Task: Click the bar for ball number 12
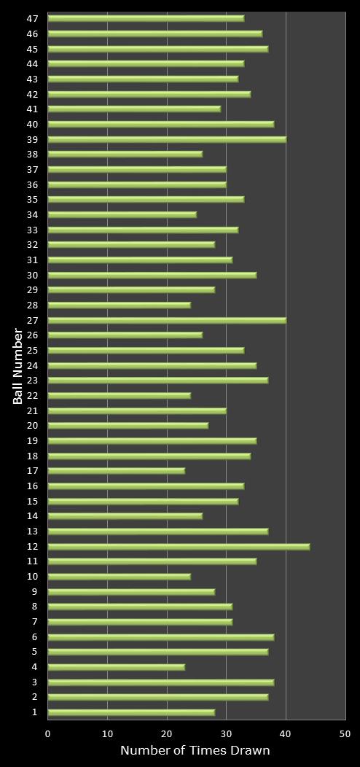coord(179,546)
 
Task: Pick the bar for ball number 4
coord(117,667)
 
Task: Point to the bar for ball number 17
coord(117,471)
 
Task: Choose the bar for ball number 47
coord(146,18)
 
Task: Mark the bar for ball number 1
coord(131,712)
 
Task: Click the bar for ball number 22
coord(120,396)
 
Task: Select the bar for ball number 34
coord(122,214)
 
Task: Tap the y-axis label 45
coord(33,49)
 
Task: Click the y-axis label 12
coord(33,546)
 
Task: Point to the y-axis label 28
coord(33,305)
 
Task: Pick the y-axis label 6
coord(35,636)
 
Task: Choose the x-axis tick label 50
coord(345,734)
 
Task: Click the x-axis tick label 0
coord(48,734)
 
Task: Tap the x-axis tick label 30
coord(227,734)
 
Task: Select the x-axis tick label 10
coord(108,734)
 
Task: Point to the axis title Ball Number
coord(18,366)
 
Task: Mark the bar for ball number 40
coord(161,124)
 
